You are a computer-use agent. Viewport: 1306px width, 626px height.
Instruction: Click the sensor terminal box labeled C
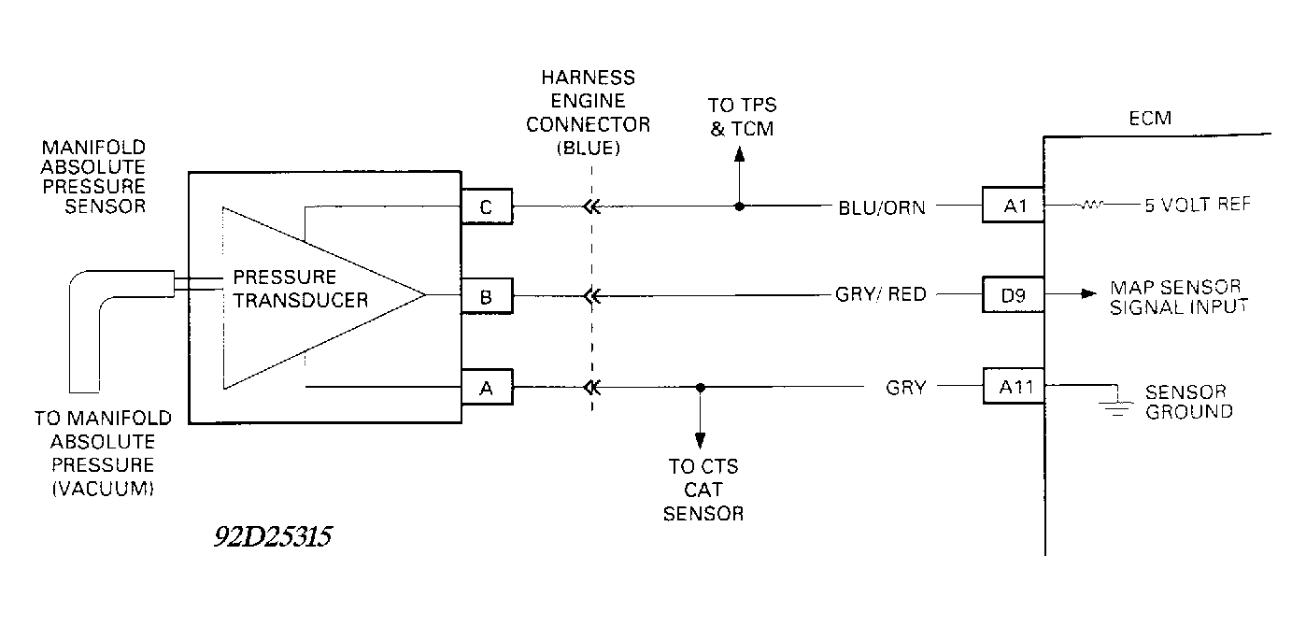point(487,207)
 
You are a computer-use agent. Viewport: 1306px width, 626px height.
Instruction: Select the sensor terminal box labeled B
point(487,298)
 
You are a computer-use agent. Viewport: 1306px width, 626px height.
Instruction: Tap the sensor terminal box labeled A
point(487,388)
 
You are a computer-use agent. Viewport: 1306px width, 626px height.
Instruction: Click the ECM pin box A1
point(1014,205)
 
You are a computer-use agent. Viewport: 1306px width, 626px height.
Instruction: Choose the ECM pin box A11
point(1014,385)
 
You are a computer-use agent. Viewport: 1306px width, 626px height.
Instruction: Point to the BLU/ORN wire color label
point(882,207)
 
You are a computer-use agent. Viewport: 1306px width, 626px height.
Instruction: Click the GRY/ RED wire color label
point(880,295)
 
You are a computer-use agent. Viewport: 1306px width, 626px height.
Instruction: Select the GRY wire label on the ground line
point(905,386)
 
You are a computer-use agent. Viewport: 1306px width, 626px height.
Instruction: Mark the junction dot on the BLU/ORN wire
point(740,206)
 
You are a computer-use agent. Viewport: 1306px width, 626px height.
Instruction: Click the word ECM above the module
point(1149,120)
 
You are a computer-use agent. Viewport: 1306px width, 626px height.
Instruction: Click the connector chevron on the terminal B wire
point(590,298)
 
